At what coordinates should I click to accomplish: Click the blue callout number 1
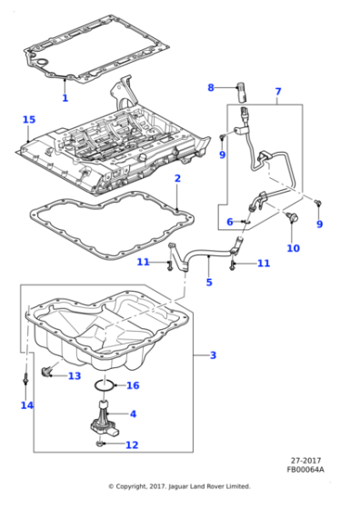tap(65, 98)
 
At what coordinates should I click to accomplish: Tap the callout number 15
tap(29, 119)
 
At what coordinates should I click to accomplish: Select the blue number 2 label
tap(177, 178)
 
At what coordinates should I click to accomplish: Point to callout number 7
tap(278, 92)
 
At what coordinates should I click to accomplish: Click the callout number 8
tap(211, 87)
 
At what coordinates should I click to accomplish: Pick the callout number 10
tap(293, 248)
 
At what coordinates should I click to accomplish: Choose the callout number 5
tap(209, 282)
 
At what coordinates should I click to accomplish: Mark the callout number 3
tap(213, 355)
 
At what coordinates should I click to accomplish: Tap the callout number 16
tap(133, 385)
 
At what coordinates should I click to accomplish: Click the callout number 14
tap(27, 405)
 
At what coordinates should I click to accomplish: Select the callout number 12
tap(132, 444)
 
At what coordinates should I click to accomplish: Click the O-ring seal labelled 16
tap(104, 385)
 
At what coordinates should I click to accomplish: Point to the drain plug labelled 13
tap(46, 371)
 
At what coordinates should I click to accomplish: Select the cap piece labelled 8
tap(241, 93)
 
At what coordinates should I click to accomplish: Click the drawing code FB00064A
tap(305, 469)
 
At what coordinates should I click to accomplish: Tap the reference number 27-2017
tap(305, 460)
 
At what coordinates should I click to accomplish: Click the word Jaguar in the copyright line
tap(179, 486)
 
